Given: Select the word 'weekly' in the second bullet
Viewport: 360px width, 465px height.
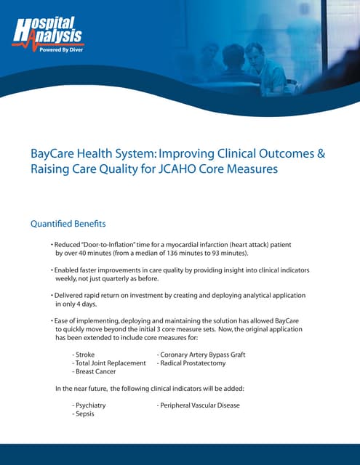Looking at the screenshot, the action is click(71, 278).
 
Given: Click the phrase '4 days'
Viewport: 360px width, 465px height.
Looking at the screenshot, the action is click(92, 304).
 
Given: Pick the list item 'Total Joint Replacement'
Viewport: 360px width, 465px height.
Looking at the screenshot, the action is click(110, 363).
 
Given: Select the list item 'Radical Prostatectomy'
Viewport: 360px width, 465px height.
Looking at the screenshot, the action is click(193, 363).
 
